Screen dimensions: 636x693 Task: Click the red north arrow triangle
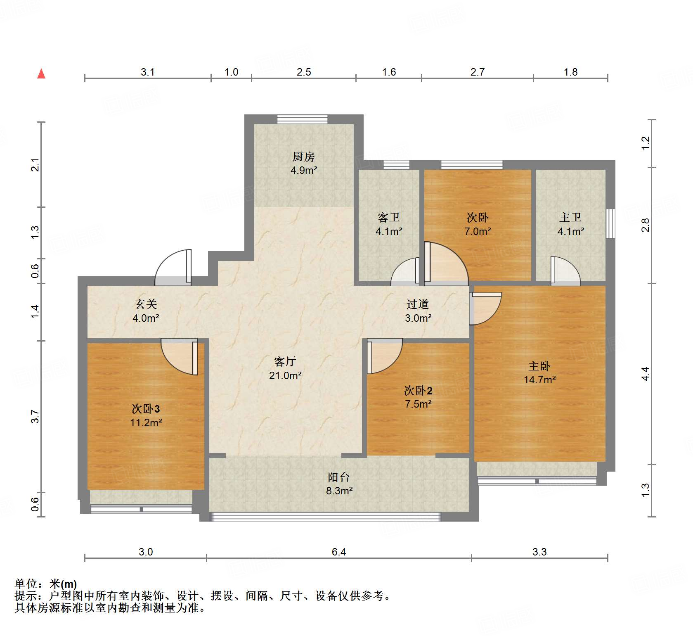pyautogui.click(x=41, y=74)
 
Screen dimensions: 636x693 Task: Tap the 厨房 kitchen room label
pyautogui.click(x=303, y=157)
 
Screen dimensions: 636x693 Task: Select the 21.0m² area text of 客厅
pyautogui.click(x=285, y=375)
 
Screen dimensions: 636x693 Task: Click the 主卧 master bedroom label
pyautogui.click(x=539, y=366)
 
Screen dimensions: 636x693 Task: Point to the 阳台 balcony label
pyautogui.click(x=338, y=477)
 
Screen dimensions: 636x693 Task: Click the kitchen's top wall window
pyautogui.click(x=302, y=119)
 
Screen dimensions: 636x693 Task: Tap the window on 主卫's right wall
pyautogui.click(x=610, y=223)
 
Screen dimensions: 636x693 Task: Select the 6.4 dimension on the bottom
pyautogui.click(x=338, y=552)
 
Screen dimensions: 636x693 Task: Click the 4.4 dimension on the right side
pyautogui.click(x=645, y=374)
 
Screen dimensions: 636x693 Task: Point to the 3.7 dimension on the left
pyautogui.click(x=35, y=416)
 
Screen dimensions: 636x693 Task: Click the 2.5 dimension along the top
pyautogui.click(x=303, y=72)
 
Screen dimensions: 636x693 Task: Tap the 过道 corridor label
pyautogui.click(x=417, y=304)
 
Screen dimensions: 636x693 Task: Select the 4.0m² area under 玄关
pyautogui.click(x=146, y=318)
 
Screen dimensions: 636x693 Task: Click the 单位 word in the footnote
pyautogui.click(x=26, y=584)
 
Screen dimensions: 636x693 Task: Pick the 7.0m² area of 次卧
pyautogui.click(x=478, y=231)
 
